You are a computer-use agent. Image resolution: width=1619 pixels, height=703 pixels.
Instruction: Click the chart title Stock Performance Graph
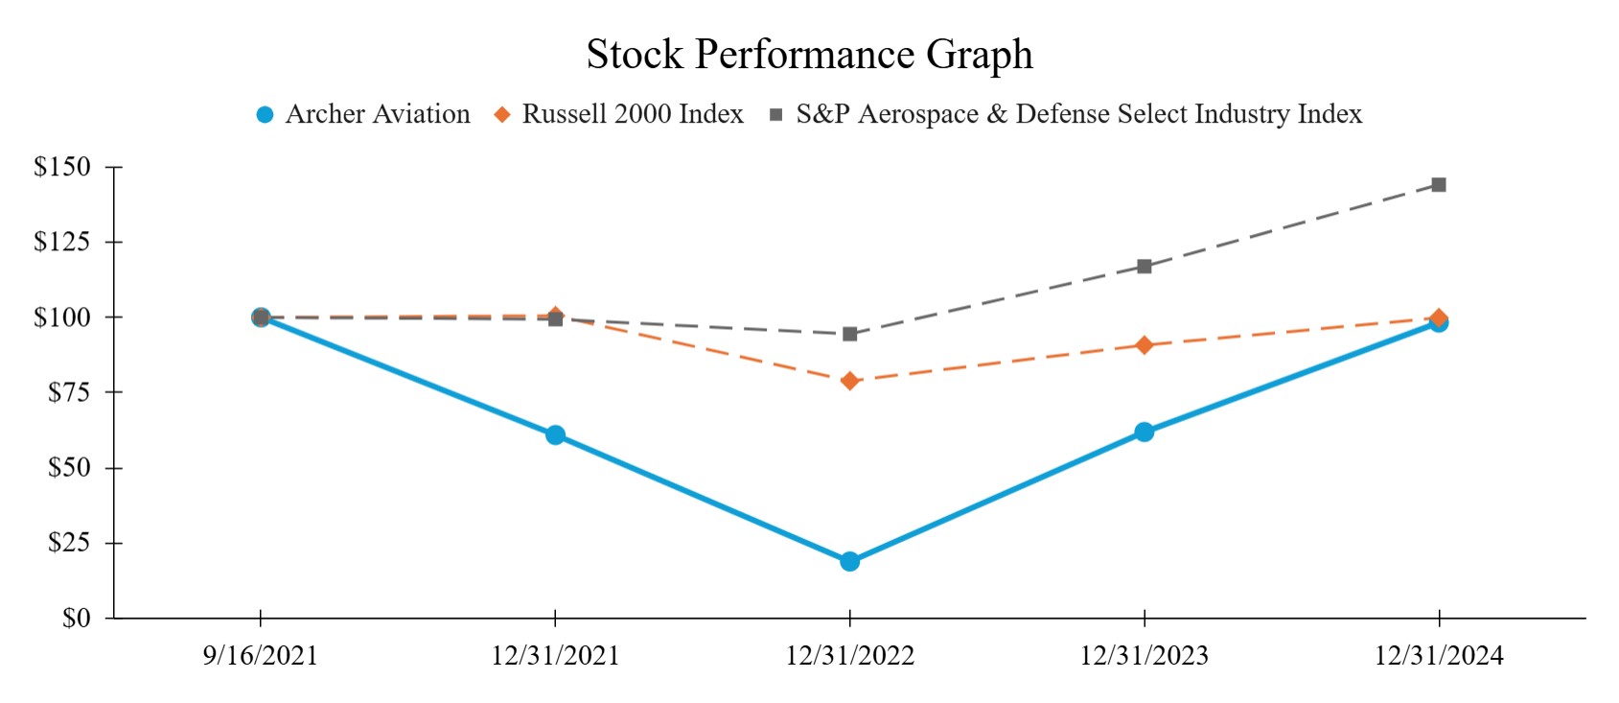coord(809,55)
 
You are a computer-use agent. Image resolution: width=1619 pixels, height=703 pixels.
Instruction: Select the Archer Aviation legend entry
coord(363,114)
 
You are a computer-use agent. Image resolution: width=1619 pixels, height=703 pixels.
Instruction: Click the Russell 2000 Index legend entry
coord(618,114)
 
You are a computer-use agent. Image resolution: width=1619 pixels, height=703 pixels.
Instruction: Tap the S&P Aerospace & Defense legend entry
coord(1066,114)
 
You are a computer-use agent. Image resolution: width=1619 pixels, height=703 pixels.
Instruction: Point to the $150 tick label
coord(62,167)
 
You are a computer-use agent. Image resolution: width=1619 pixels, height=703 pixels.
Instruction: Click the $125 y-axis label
coord(62,242)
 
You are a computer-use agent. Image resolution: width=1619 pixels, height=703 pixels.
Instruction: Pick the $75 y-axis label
coord(69,392)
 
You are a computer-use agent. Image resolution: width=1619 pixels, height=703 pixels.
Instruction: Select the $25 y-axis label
coord(69,543)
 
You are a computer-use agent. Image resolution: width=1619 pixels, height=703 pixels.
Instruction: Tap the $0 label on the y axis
coord(76,619)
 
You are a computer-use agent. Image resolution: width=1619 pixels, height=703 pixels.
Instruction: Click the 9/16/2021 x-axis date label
coord(260,656)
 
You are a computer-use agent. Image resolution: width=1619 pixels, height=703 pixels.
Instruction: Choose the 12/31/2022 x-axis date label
coord(849,656)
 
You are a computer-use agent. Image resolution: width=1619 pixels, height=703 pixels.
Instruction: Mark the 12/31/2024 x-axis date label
coord(1438,656)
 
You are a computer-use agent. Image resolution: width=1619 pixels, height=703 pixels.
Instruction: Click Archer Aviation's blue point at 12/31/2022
coord(849,561)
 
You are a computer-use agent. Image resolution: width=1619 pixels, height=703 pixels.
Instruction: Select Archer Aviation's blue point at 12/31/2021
coord(555,434)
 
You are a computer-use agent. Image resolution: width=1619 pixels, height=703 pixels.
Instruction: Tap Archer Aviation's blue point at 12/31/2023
coord(1144,432)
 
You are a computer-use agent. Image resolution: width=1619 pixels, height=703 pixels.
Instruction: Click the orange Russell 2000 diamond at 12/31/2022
coord(849,381)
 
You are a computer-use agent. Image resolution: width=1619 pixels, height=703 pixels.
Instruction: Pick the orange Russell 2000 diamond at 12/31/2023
coord(1144,344)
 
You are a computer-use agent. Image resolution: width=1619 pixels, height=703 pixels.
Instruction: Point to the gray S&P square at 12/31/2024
coord(1438,184)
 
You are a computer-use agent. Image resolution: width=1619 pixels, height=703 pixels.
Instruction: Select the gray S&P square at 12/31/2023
coord(1144,266)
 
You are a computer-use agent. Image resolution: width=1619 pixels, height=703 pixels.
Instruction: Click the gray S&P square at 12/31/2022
coord(849,334)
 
